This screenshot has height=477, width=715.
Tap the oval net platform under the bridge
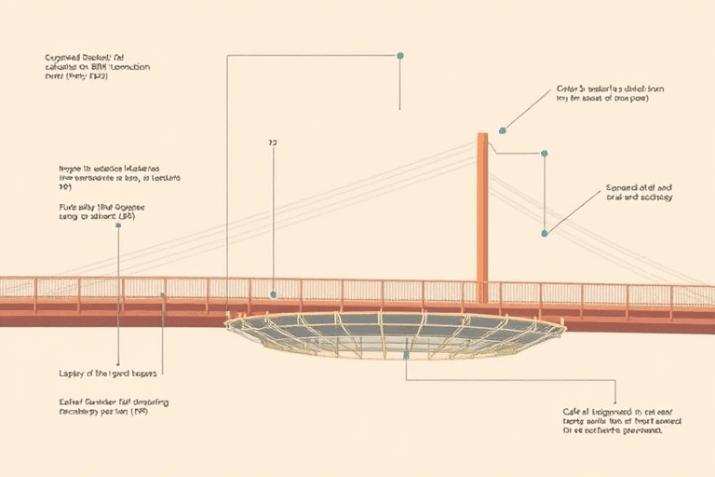395,334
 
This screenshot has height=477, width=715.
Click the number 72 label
273,143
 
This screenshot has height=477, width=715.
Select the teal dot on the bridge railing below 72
273,294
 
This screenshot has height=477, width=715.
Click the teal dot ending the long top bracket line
400,56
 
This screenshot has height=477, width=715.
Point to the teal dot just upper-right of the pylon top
503,130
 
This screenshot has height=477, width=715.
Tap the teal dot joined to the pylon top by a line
545,154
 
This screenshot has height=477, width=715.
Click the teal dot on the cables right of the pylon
545,232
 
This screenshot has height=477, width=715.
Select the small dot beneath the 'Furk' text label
118,225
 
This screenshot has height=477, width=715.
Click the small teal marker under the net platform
407,354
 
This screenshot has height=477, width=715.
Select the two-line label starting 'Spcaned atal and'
639,192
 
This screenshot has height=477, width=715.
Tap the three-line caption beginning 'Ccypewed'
97,67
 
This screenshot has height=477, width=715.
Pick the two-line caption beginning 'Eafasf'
114,406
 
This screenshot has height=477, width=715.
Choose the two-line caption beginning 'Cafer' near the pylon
603,93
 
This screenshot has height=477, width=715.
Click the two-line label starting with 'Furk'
102,211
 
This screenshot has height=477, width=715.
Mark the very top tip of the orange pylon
482,134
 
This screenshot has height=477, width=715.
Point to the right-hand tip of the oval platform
564,326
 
